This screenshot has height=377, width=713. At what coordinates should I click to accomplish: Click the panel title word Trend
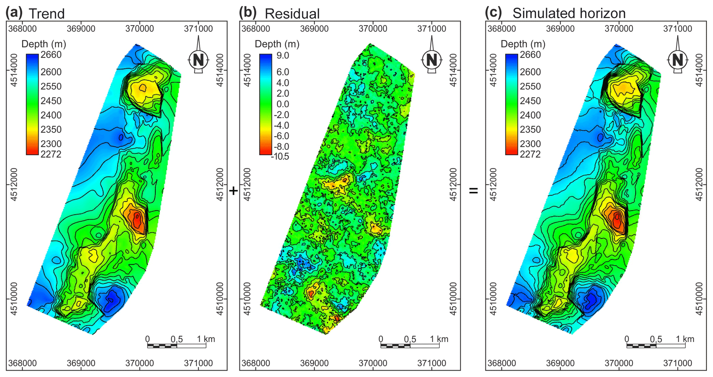pyautogui.click(x=47, y=14)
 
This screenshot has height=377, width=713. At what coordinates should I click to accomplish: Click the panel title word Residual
pyautogui.click(x=292, y=14)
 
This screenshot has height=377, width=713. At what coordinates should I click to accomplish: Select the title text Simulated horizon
pyautogui.click(x=569, y=13)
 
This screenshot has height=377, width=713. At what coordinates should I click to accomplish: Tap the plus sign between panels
pyautogui.click(x=234, y=191)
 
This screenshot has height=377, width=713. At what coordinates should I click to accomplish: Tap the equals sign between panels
pyautogui.click(x=473, y=190)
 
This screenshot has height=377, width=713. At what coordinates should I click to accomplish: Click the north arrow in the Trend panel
pyautogui.click(x=198, y=59)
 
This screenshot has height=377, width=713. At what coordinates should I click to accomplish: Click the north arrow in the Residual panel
pyautogui.click(x=432, y=59)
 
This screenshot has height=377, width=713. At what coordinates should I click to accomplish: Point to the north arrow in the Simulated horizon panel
pyautogui.click(x=677, y=59)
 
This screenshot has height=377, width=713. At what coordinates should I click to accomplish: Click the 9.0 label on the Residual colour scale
pyautogui.click(x=283, y=55)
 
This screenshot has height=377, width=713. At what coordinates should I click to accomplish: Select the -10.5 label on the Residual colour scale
pyautogui.click(x=280, y=156)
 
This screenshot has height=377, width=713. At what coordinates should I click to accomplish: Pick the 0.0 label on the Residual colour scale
pyautogui.click(x=283, y=104)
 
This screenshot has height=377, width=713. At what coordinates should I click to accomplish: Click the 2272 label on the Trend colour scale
pyautogui.click(x=51, y=154)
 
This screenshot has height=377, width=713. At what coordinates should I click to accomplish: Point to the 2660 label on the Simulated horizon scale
pyautogui.click(x=530, y=55)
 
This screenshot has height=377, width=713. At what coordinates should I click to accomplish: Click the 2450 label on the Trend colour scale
pyautogui.click(x=51, y=101)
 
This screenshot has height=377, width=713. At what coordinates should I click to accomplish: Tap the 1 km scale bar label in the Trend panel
pyautogui.click(x=206, y=339)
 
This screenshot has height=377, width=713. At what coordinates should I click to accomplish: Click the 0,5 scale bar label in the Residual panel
pyautogui.click(x=410, y=339)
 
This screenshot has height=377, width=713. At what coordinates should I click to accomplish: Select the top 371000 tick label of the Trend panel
pyautogui.click(x=198, y=29)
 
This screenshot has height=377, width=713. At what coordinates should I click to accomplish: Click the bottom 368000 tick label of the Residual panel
pyautogui.click(x=256, y=363)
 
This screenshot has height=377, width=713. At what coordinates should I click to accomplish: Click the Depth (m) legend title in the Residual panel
pyautogui.click(x=277, y=44)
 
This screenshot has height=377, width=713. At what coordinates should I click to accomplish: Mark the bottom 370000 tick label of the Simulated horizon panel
pyautogui.click(x=619, y=363)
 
